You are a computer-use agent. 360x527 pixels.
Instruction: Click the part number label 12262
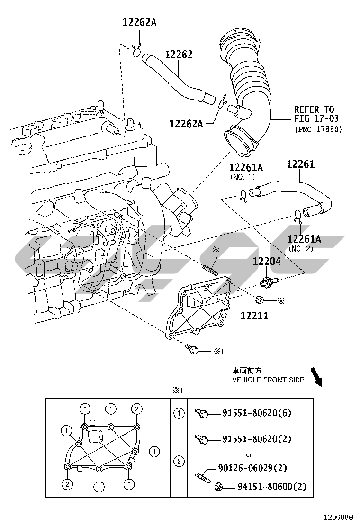pos(179,55)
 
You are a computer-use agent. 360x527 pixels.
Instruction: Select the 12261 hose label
pos(300,164)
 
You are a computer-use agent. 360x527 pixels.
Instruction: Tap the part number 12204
pos(266,261)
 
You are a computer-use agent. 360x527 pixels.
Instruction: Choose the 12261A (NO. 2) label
pos(304,239)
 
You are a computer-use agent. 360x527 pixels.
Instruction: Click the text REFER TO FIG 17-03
pos(314,114)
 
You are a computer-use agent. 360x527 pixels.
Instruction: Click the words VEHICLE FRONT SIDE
pos(268,380)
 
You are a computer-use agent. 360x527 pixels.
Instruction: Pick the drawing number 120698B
pos(339,518)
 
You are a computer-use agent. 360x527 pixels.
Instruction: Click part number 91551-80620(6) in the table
pos(257,413)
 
